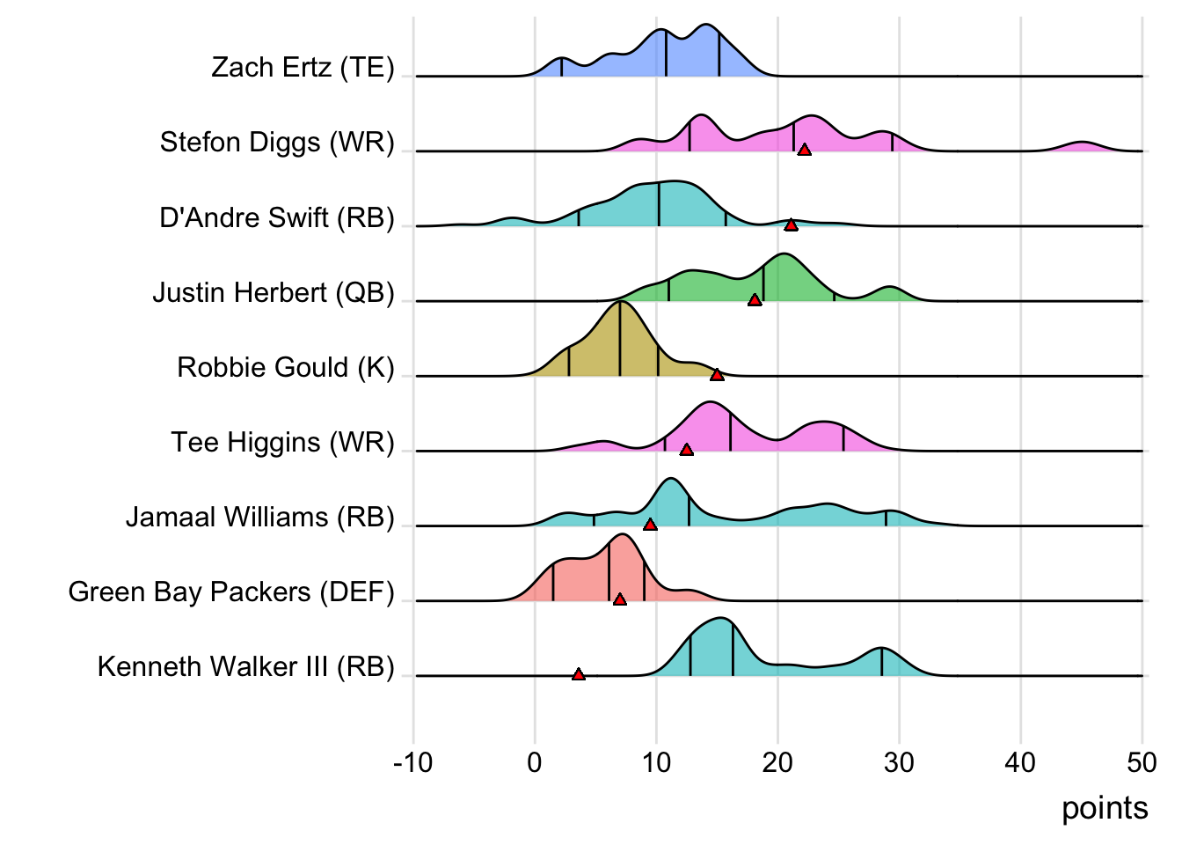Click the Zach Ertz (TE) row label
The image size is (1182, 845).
pyautogui.click(x=303, y=68)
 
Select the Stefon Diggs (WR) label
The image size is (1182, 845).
pyautogui.click(x=277, y=143)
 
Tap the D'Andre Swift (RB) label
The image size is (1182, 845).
pyautogui.click(x=277, y=217)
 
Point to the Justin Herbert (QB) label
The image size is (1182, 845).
pyautogui.click(x=274, y=292)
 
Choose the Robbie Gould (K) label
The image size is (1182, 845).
pyautogui.click(x=286, y=367)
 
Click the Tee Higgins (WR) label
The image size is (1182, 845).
pyautogui.click(x=282, y=442)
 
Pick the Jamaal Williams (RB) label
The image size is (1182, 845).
pyautogui.click(x=260, y=517)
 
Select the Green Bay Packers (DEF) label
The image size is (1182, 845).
pyautogui.click(x=231, y=591)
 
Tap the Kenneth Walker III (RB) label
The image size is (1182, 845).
pyautogui.click(x=246, y=666)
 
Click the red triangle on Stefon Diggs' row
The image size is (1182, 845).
pyautogui.click(x=804, y=151)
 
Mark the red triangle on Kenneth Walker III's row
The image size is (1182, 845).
pyautogui.click(x=579, y=674)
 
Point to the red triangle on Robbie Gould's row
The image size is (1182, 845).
pyautogui.click(x=717, y=375)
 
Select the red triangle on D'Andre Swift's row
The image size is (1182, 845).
pyautogui.click(x=791, y=225)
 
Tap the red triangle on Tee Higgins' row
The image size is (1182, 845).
pyautogui.click(x=687, y=450)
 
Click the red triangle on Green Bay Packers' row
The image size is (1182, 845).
pyautogui.click(x=620, y=599)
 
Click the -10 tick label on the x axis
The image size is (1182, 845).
pyautogui.click(x=413, y=762)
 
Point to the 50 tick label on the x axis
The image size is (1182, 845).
pyautogui.click(x=1142, y=762)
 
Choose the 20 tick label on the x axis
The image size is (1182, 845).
pyautogui.click(x=777, y=762)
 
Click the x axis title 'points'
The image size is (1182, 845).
pyautogui.click(x=1105, y=808)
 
